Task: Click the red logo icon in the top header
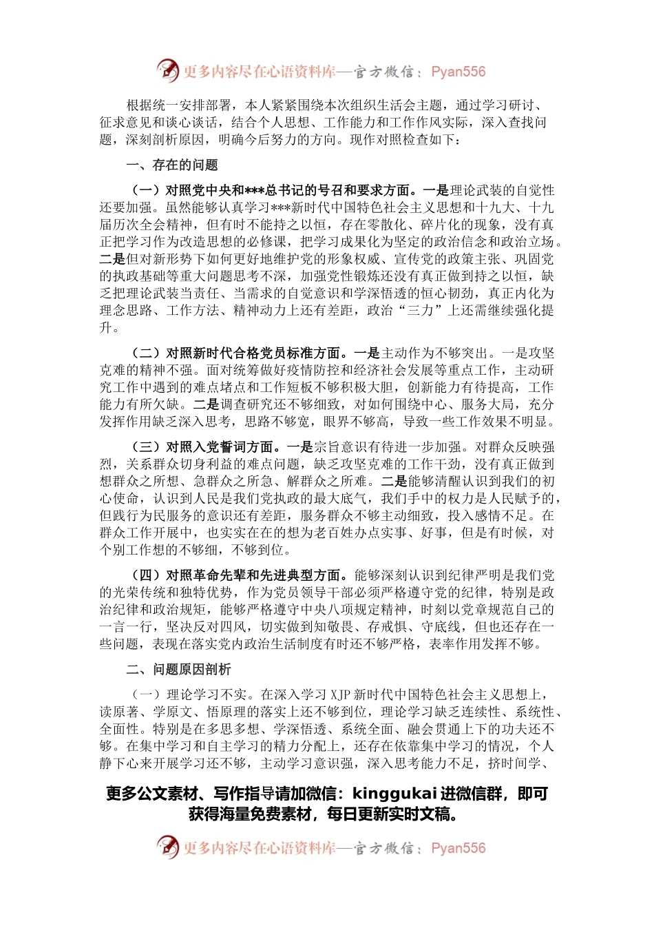[167, 71]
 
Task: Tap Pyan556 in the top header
[458, 72]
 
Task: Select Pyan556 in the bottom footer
[458, 848]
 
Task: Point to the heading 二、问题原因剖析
[178, 670]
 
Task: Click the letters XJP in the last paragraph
[341, 695]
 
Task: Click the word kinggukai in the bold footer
[395, 794]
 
